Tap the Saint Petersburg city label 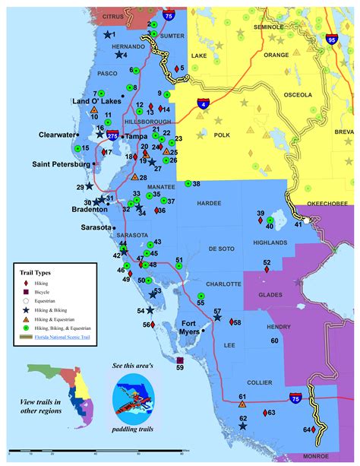61,163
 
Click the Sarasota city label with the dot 96,227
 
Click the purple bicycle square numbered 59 179,360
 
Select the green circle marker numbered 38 188,184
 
